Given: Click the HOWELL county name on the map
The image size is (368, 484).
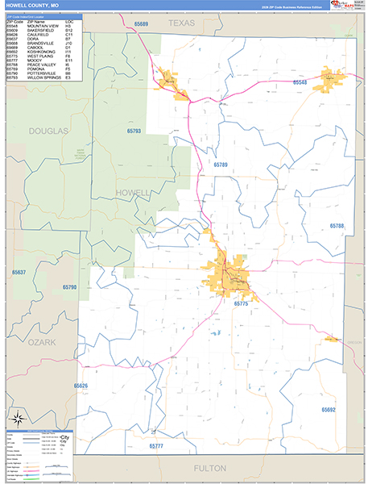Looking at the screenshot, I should pyautogui.click(x=133, y=193).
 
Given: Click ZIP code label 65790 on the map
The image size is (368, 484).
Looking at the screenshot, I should pyautogui.click(x=68, y=287).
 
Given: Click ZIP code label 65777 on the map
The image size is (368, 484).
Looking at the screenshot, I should pyautogui.click(x=157, y=445).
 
